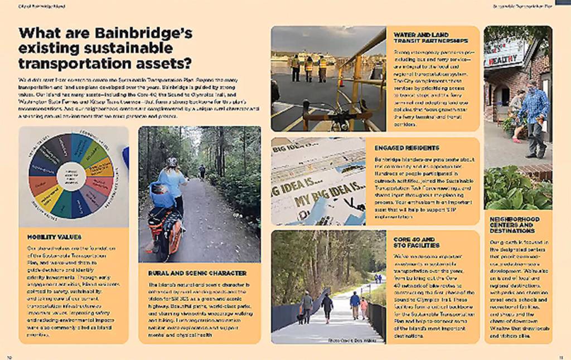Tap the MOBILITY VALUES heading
coord(54,237)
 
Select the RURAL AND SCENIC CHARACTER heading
coord(197,273)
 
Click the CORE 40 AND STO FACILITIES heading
coord(416,242)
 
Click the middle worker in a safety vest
coord(308,69)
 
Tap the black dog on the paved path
coord(302,318)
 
